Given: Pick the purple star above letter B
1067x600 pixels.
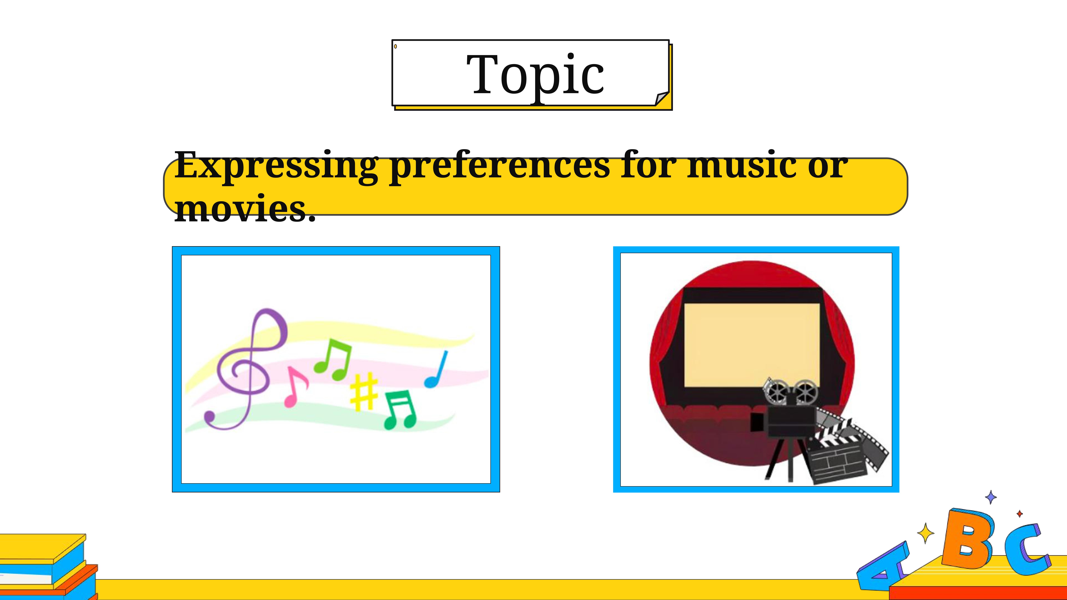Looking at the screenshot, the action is click(991, 497).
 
